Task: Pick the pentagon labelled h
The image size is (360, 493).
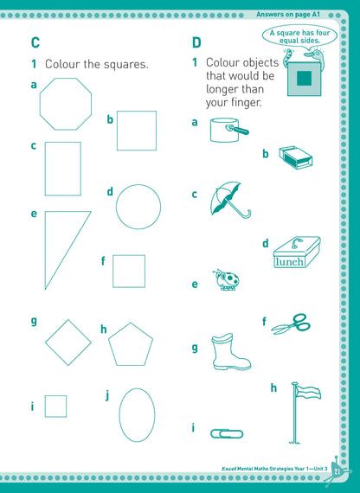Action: (131, 323)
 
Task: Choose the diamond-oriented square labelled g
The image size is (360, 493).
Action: (68, 320)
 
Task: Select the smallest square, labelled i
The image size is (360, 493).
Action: (55, 396)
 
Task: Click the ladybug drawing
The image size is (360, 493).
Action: (226, 279)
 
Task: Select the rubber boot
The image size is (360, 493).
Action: (230, 352)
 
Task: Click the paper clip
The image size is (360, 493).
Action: (227, 434)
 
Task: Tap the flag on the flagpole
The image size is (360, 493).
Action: (308, 393)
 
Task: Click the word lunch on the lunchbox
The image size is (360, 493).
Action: (290, 261)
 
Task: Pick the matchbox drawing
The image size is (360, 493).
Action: (296, 157)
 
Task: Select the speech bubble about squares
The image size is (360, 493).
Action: (299, 36)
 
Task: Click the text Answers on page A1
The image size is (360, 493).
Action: (288, 15)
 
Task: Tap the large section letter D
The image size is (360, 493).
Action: (196, 42)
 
